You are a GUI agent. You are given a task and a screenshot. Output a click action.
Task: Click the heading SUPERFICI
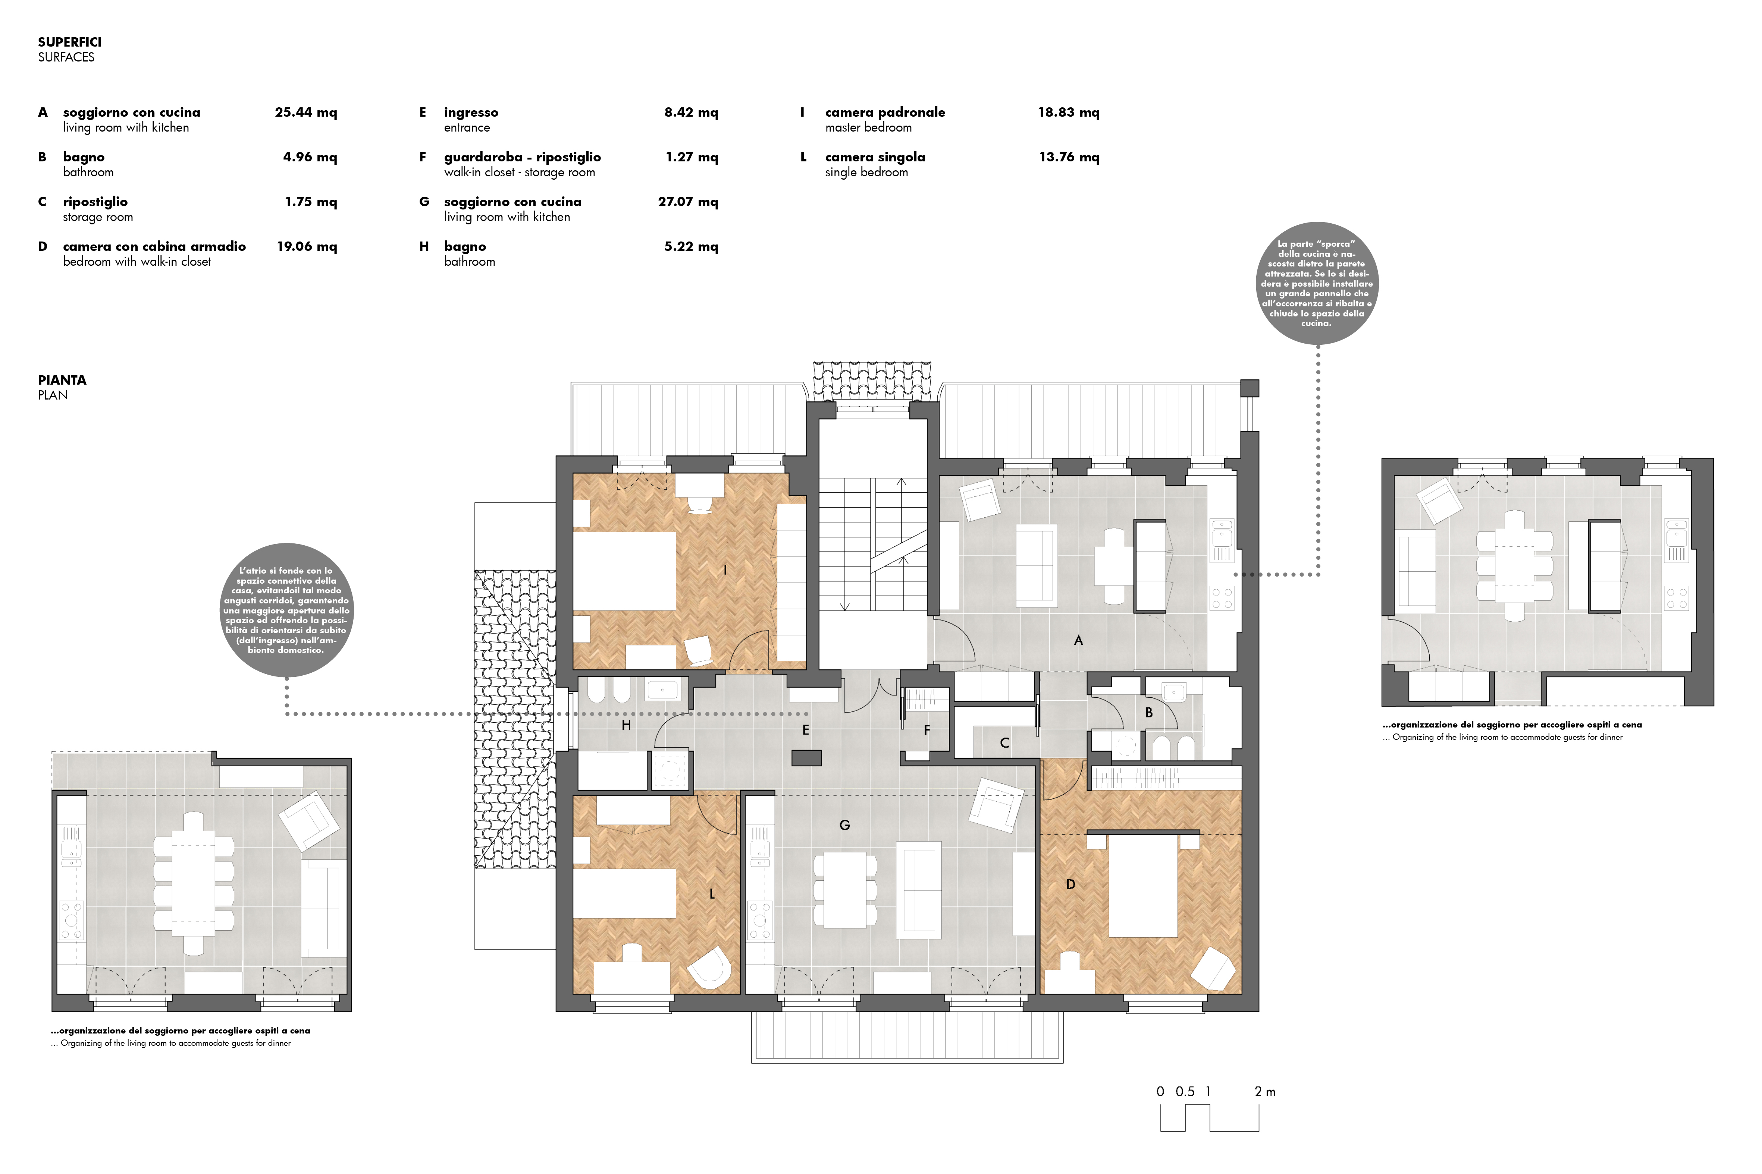[70, 42]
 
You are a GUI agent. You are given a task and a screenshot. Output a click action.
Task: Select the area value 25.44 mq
[305, 112]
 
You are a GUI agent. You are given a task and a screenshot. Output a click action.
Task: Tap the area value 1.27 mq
[692, 157]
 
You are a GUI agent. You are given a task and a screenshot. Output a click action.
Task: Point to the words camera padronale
[885, 112]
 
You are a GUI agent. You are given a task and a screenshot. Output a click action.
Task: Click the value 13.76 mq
[1069, 157]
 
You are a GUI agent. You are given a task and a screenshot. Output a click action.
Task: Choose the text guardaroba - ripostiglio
[522, 157]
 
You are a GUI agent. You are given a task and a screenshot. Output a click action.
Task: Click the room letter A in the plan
[1078, 640]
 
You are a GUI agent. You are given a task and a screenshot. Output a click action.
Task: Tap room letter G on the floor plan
[844, 825]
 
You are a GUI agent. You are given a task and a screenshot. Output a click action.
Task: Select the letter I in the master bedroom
[725, 570]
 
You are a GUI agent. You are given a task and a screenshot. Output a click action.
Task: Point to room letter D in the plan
[1070, 884]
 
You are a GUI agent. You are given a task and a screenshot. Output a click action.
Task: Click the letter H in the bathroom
[626, 725]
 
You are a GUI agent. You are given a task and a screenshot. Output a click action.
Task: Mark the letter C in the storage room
[1004, 743]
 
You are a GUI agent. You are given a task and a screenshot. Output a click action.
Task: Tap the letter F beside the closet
[927, 730]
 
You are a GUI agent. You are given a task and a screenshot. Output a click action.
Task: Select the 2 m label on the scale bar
[1264, 1092]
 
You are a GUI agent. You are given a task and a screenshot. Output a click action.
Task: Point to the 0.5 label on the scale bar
[1185, 1092]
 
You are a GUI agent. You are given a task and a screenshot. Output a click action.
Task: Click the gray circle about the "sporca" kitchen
[1317, 283]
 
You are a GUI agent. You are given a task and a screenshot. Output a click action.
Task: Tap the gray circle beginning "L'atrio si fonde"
[286, 610]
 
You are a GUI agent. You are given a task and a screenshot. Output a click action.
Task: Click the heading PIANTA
[62, 381]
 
